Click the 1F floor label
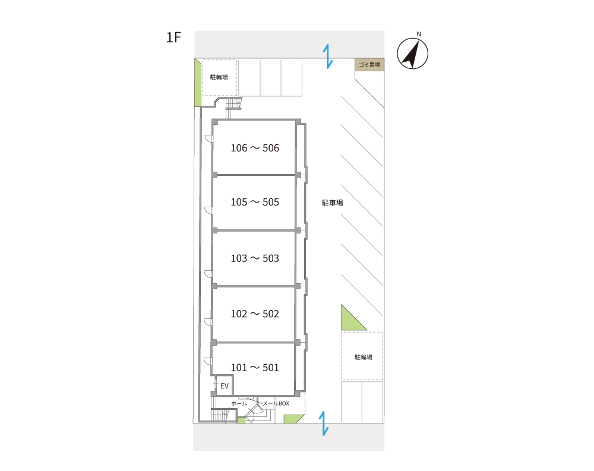(173, 37)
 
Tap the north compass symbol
(413, 53)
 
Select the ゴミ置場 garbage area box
(369, 65)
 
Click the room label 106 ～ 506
(255, 148)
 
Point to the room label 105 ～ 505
(255, 203)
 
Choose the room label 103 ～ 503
(255, 258)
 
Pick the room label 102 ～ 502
(255, 314)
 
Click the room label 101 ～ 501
(255, 368)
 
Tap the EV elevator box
(225, 385)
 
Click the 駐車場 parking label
(332, 203)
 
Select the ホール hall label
(239, 403)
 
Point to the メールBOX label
(276, 403)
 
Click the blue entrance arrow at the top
(328, 56)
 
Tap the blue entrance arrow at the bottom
(324, 423)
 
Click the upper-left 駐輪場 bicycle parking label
(219, 77)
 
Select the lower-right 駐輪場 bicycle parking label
(364, 357)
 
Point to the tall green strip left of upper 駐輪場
(197, 83)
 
